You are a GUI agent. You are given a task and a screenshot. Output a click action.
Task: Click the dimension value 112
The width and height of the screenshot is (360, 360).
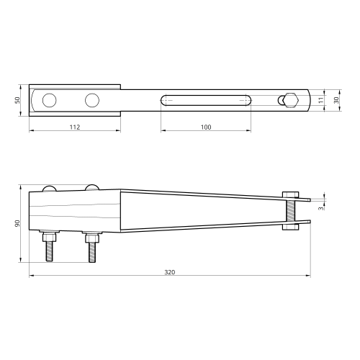point(75,127)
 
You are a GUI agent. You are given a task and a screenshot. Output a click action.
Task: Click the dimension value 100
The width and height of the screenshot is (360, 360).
point(206,127)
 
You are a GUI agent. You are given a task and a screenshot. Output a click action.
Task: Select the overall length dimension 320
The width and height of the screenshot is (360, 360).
point(170,272)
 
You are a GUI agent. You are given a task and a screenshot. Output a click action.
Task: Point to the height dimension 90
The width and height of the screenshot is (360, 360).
point(17,223)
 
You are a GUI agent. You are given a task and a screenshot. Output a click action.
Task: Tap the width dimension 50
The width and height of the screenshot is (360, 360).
point(17,100)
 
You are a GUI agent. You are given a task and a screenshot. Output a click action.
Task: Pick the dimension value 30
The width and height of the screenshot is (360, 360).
point(336,100)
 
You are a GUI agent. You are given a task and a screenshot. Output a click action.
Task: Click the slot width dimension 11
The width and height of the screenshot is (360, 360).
point(321,100)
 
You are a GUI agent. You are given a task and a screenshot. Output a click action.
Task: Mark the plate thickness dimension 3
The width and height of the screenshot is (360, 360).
point(321,208)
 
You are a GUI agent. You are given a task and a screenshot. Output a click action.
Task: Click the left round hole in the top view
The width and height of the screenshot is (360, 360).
point(50,100)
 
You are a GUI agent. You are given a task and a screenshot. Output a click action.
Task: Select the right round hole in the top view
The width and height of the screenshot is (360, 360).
point(92,100)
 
